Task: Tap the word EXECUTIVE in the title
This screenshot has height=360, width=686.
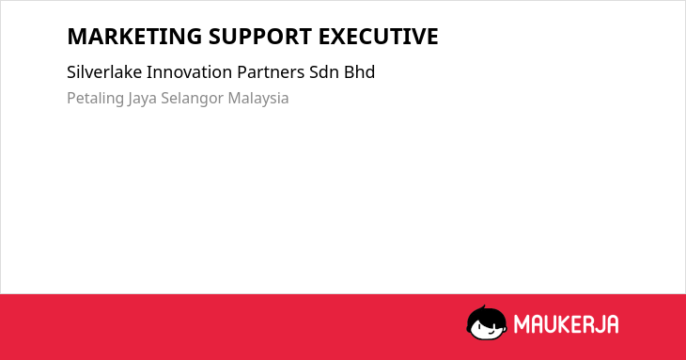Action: [378, 37]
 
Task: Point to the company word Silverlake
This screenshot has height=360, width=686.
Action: [104, 72]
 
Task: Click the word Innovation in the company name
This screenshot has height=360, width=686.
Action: [190, 72]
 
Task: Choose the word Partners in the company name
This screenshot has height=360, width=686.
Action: [271, 72]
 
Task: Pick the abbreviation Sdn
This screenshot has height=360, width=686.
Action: [324, 72]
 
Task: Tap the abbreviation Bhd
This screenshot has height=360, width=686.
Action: [359, 72]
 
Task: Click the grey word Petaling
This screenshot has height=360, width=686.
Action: [95, 99]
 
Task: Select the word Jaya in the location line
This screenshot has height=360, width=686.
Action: [142, 99]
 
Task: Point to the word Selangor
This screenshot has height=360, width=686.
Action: [192, 99]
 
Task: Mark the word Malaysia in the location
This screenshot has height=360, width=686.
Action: [258, 98]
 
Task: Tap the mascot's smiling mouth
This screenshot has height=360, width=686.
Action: [491, 333]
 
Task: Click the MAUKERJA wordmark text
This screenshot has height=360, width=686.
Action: [566, 324]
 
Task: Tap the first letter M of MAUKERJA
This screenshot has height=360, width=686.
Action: [521, 324]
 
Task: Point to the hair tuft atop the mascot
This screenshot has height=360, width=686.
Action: [483, 307]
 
